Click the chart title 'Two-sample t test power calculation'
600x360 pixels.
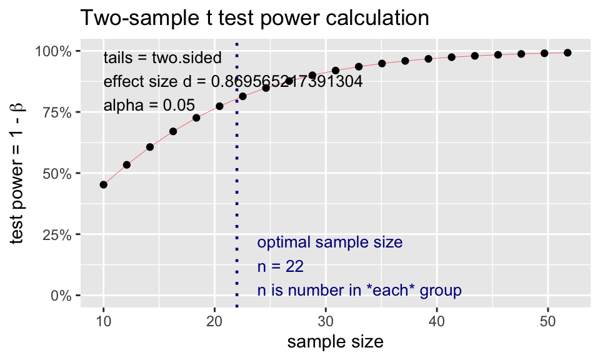tap(254, 18)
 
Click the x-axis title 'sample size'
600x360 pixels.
tap(335, 342)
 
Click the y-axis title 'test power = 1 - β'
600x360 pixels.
tap(18, 174)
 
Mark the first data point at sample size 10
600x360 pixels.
tap(104, 184)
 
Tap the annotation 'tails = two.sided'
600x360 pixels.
tap(162, 58)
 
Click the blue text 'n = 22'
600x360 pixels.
tap(281, 267)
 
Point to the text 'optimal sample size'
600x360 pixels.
tap(330, 242)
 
